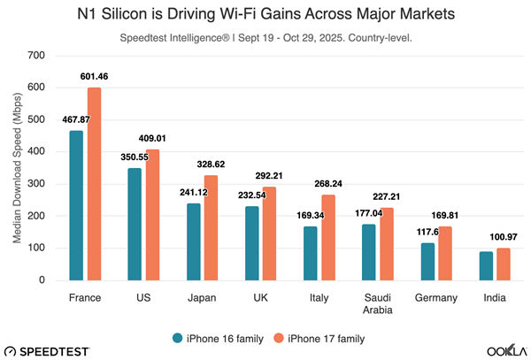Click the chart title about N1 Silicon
(265, 15)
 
